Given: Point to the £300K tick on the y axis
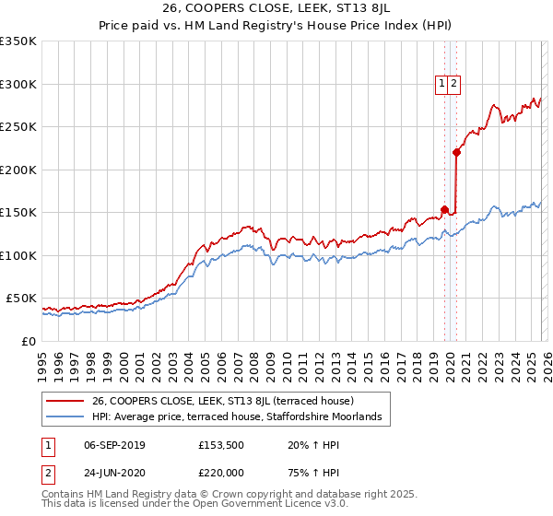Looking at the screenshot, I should coord(18,84).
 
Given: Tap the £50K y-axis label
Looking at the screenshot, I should coord(21,299).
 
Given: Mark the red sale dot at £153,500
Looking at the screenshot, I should coord(444,209).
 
